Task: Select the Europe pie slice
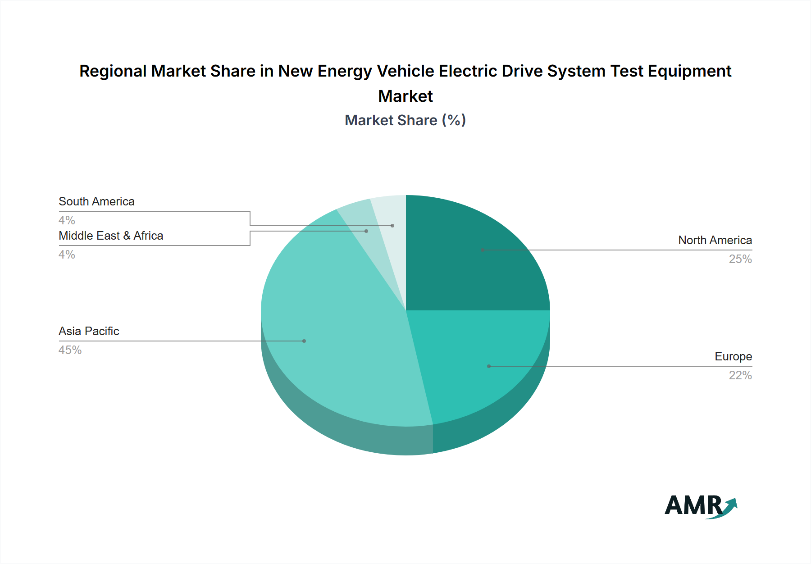(482, 360)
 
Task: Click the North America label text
(715, 240)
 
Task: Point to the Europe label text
(733, 356)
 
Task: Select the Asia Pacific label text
(89, 331)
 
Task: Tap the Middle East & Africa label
(111, 236)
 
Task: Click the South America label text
(96, 201)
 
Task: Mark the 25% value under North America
(740, 259)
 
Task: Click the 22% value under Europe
(740, 375)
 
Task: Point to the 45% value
(70, 350)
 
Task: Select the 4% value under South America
(67, 220)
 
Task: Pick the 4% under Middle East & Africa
(67, 255)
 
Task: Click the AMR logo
(701, 506)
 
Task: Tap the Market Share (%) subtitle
(405, 120)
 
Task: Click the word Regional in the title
(113, 71)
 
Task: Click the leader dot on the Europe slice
(489, 366)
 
